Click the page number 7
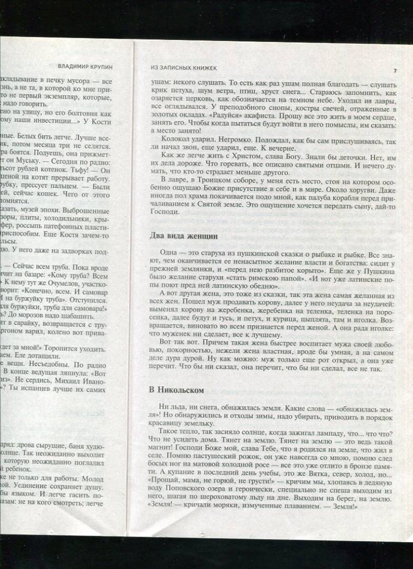(395, 71)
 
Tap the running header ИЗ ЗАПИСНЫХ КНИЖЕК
(176, 69)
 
